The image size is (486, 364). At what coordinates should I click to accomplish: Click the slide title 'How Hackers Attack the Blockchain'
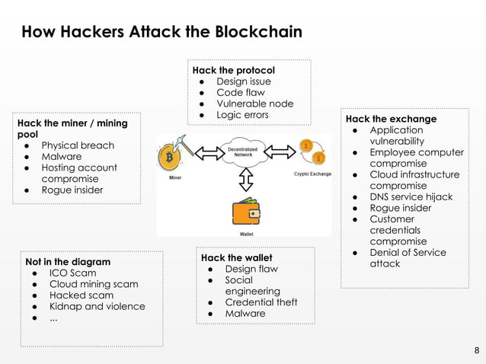(x=161, y=32)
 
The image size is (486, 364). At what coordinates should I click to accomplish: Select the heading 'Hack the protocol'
(x=233, y=70)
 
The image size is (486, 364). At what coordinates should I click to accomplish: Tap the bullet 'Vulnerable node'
(x=254, y=104)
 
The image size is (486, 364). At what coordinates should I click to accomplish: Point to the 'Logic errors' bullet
(x=242, y=115)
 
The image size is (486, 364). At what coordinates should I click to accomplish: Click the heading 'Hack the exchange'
(x=391, y=119)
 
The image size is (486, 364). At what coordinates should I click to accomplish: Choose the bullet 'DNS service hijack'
(x=411, y=196)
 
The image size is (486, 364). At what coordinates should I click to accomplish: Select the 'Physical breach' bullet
(x=78, y=145)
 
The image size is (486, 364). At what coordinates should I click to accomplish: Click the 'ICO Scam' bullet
(x=72, y=273)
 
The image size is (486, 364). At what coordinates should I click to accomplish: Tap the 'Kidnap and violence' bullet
(x=97, y=306)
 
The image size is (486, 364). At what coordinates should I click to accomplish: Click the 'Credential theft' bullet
(x=261, y=302)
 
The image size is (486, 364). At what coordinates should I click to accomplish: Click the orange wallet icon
(x=246, y=212)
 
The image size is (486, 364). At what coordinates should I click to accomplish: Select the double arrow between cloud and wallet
(x=245, y=180)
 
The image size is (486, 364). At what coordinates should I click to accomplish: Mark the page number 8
(x=477, y=351)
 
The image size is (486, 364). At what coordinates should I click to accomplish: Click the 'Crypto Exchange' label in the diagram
(x=312, y=174)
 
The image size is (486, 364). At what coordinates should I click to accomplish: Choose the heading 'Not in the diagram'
(x=68, y=261)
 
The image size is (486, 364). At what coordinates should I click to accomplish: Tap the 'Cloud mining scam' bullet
(x=94, y=284)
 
